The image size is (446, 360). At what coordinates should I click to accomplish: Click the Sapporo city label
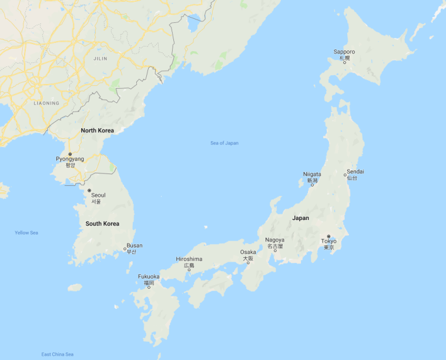tap(344, 52)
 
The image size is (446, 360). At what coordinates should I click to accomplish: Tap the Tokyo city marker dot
tap(329, 236)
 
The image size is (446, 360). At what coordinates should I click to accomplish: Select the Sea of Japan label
tap(224, 143)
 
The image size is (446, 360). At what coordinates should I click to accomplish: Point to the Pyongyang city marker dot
tap(70, 154)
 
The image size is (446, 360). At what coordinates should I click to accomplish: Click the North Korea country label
tap(98, 130)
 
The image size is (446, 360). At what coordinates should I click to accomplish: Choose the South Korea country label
tap(102, 224)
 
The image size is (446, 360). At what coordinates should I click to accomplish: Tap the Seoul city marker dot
tap(89, 191)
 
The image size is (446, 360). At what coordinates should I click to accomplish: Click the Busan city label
tap(134, 245)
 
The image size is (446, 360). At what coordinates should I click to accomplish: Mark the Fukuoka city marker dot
tap(149, 287)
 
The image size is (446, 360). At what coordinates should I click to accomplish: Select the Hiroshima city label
tap(189, 259)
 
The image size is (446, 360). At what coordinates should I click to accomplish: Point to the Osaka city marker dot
tap(248, 262)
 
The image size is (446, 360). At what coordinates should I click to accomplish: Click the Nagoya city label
tap(274, 240)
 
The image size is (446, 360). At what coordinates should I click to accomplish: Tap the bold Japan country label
tap(300, 218)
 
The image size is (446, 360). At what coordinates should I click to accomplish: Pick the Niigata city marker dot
tap(312, 185)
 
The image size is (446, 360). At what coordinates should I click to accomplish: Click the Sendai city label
tap(355, 171)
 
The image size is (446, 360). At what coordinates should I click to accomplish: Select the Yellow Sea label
tap(26, 233)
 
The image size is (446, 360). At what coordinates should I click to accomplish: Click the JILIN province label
tap(100, 59)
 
